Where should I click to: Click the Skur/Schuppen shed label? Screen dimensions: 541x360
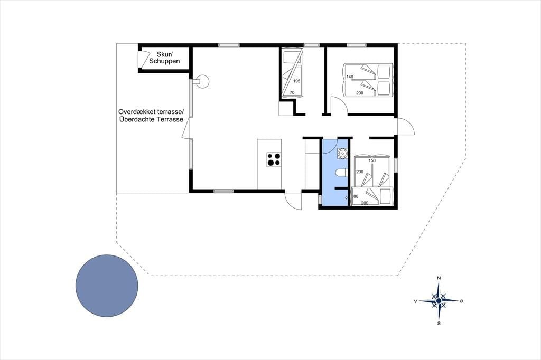tap(164, 58)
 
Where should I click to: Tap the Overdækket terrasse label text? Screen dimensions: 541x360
tap(151, 112)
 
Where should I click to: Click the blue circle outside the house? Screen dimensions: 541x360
tap(107, 286)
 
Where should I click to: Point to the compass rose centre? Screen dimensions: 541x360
tap(439, 301)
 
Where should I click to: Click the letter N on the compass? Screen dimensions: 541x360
tap(439, 278)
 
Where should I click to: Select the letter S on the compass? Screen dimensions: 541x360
tap(439, 324)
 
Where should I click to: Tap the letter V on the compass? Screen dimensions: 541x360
tap(415, 301)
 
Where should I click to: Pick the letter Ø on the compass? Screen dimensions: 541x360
tap(461, 301)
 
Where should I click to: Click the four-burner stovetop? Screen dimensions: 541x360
tap(274, 159)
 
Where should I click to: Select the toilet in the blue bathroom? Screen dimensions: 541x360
tap(341, 173)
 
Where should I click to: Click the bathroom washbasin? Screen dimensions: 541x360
tap(342, 153)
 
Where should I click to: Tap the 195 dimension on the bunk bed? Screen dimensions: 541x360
tap(297, 81)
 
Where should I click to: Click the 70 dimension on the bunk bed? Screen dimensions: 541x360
tap(292, 92)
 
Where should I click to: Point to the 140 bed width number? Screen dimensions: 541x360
tap(350, 77)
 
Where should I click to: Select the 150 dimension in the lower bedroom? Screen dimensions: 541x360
tap(372, 160)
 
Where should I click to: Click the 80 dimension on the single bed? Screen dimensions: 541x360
tap(356, 196)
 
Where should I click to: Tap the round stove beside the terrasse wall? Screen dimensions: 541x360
tap(202, 82)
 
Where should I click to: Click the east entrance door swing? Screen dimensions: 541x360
tap(406, 126)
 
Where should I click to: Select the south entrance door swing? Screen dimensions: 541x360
tap(293, 201)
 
